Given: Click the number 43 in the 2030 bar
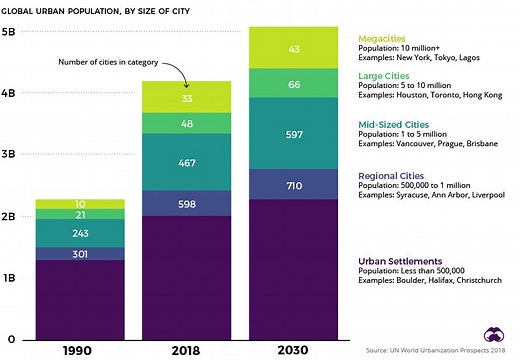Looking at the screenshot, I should pos(294,49).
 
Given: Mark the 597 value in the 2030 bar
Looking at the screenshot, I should pos(294,134).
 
